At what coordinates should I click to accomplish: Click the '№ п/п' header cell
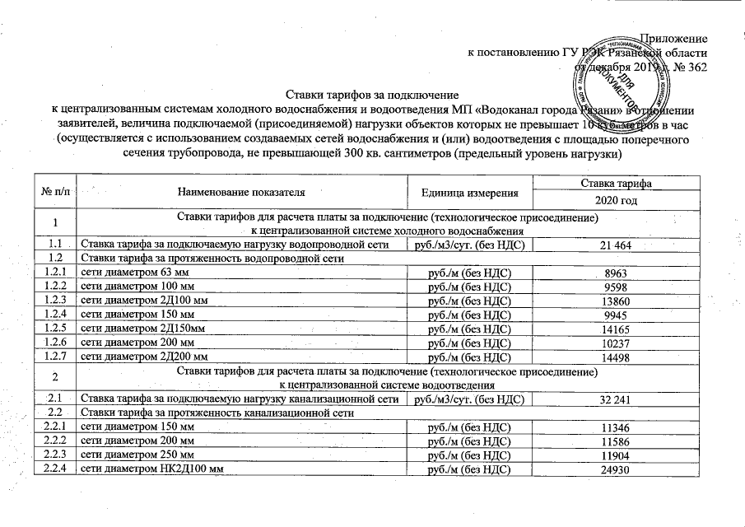(x=55, y=192)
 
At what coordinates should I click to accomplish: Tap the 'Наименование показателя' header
(x=241, y=192)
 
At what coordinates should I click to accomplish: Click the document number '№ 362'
(x=689, y=67)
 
